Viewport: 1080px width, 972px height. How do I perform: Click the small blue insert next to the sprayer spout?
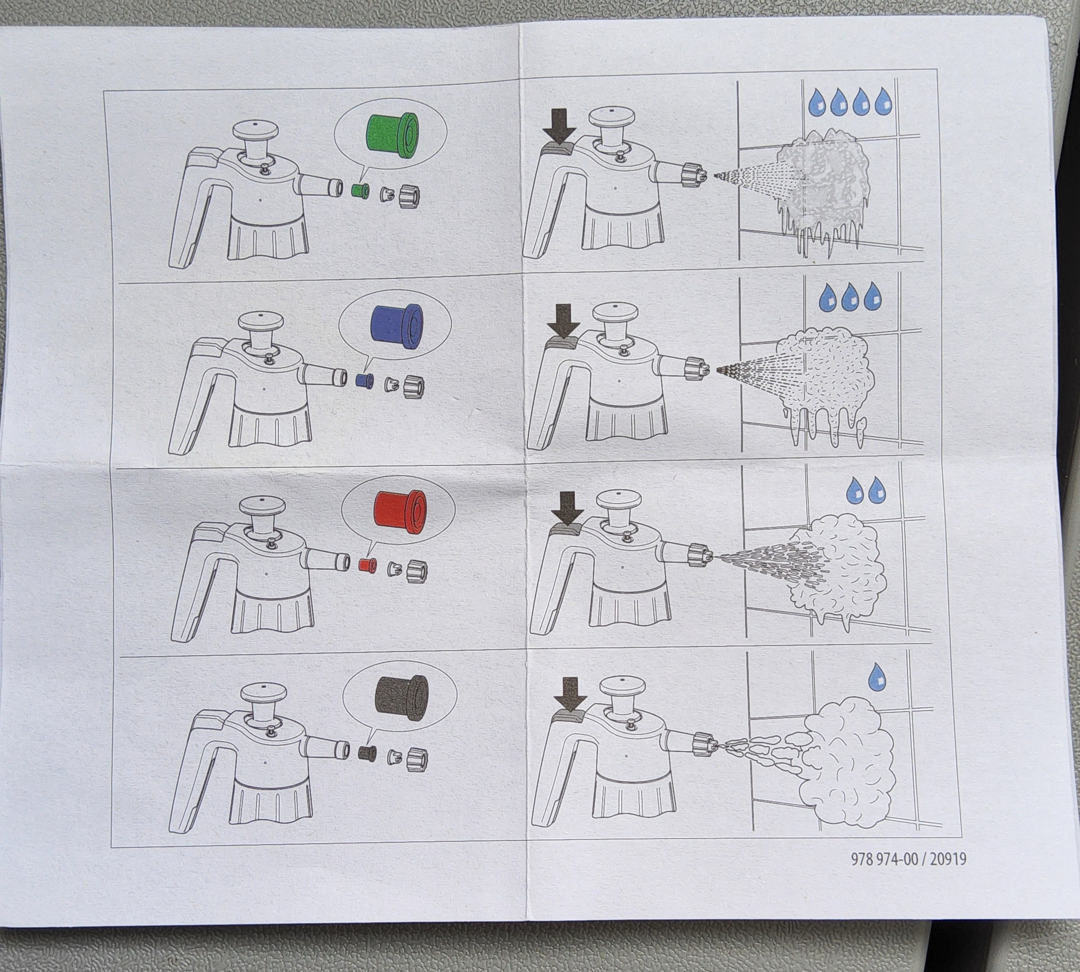tap(364, 380)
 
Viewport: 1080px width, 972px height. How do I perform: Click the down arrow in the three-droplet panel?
tap(563, 321)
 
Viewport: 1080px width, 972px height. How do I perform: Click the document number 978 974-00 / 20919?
tap(909, 859)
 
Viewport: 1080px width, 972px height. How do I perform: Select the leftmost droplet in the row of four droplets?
tap(817, 101)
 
